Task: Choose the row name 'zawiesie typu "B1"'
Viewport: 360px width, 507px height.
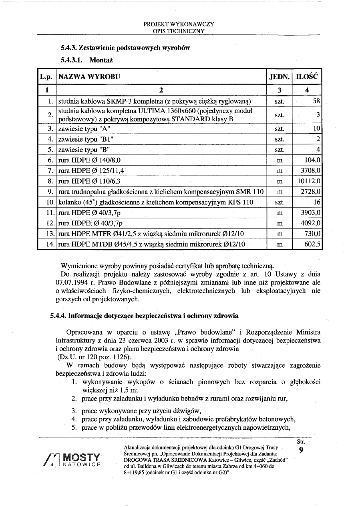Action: pos(84,139)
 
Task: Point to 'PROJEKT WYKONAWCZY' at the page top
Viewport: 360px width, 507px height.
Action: pos(179,24)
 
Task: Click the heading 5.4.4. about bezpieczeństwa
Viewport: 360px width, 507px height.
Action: pos(144,316)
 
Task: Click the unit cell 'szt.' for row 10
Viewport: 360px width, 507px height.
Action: pos(280,202)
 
